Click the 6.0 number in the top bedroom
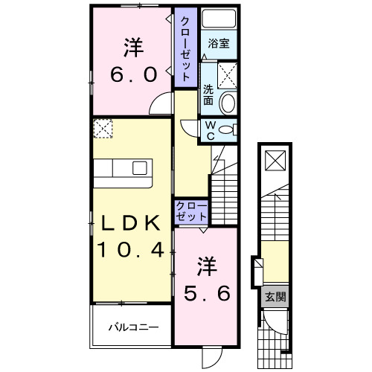point(133,74)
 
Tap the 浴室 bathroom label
point(218,43)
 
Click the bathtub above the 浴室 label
point(219,20)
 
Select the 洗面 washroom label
point(208,94)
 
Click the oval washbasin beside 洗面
point(228,103)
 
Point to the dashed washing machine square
point(228,74)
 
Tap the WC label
point(211,131)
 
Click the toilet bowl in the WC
point(228,129)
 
